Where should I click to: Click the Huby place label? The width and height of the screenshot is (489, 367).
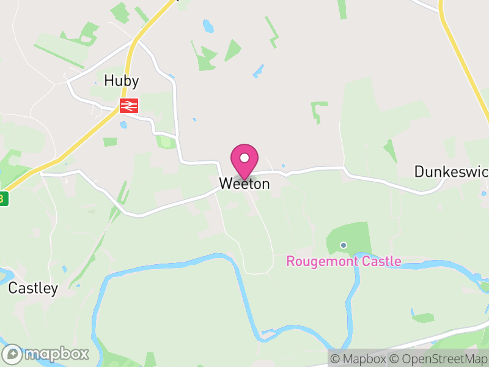pyautogui.click(x=122, y=81)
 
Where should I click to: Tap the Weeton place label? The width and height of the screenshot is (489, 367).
pyautogui.click(x=244, y=183)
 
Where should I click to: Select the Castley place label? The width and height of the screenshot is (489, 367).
pyautogui.click(x=33, y=289)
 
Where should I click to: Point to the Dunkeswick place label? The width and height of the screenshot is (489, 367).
pyautogui.click(x=451, y=171)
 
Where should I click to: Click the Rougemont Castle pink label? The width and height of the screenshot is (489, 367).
pyautogui.click(x=344, y=262)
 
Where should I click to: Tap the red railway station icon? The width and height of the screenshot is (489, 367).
pyautogui.click(x=129, y=106)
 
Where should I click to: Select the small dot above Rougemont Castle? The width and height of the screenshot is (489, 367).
pyautogui.click(x=344, y=245)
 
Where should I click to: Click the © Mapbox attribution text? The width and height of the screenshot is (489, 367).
pyautogui.click(x=358, y=359)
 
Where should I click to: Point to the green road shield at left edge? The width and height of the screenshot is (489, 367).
pyautogui.click(x=3, y=199)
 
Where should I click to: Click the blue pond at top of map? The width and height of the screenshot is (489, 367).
pyautogui.click(x=208, y=26)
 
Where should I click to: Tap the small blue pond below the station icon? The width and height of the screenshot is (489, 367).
pyautogui.click(x=124, y=125)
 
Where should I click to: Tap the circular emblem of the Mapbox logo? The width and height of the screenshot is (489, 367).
pyautogui.click(x=12, y=354)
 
